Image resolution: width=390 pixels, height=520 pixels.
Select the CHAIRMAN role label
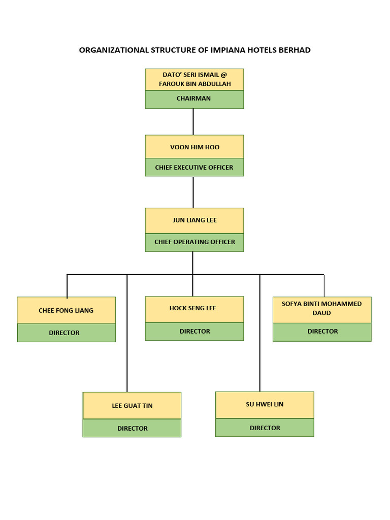194,99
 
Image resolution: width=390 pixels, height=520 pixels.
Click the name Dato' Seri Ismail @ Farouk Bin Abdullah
194,79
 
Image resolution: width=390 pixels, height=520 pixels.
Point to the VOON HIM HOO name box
194,147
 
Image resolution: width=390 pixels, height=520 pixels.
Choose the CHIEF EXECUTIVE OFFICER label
194,168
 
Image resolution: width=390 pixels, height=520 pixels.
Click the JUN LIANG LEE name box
194,220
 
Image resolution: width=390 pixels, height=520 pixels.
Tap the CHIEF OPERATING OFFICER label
194,242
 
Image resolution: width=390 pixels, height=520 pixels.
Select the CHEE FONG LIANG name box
66,310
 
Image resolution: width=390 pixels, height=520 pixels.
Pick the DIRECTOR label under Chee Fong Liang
64,333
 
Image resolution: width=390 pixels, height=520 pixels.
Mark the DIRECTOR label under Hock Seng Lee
194,331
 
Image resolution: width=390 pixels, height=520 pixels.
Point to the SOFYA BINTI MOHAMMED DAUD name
322,308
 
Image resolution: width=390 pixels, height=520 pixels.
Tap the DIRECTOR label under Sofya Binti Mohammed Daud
322,331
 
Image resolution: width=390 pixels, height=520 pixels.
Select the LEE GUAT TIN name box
132,406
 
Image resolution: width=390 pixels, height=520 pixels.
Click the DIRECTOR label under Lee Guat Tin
132,429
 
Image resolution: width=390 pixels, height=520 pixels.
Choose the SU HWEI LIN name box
265,404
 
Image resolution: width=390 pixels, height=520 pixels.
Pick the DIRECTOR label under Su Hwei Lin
265,428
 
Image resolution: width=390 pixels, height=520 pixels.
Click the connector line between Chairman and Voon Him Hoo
193,121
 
